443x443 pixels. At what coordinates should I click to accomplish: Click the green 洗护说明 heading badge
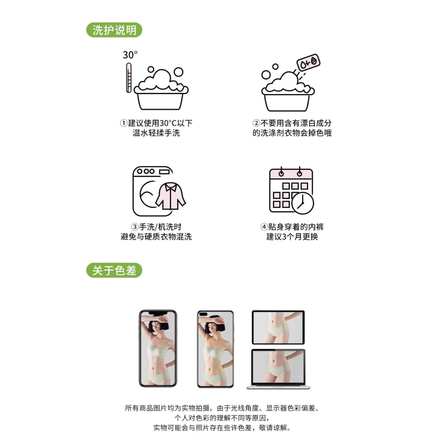[114, 30]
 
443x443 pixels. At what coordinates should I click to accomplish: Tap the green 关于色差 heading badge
[114, 270]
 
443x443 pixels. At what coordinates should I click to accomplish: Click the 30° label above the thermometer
[130, 55]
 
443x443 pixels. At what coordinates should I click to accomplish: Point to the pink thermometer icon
[129, 78]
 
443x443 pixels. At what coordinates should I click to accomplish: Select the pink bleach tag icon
[308, 63]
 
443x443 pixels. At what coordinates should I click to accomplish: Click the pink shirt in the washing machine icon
[170, 196]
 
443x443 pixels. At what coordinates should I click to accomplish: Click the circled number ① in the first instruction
[123, 123]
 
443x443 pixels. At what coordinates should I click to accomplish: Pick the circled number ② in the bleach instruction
[256, 123]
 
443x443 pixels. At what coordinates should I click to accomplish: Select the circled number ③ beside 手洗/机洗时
[135, 227]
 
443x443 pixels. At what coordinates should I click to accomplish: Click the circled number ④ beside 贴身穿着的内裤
[264, 227]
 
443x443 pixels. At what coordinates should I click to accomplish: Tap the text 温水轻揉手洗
[156, 133]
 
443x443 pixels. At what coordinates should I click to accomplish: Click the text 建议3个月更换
[292, 237]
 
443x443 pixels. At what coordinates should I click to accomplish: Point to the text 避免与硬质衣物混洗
[156, 237]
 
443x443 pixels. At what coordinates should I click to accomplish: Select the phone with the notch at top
[158, 348]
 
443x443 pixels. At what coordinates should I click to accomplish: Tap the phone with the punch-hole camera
[215, 349]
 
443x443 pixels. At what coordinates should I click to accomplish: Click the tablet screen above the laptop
[278, 327]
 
